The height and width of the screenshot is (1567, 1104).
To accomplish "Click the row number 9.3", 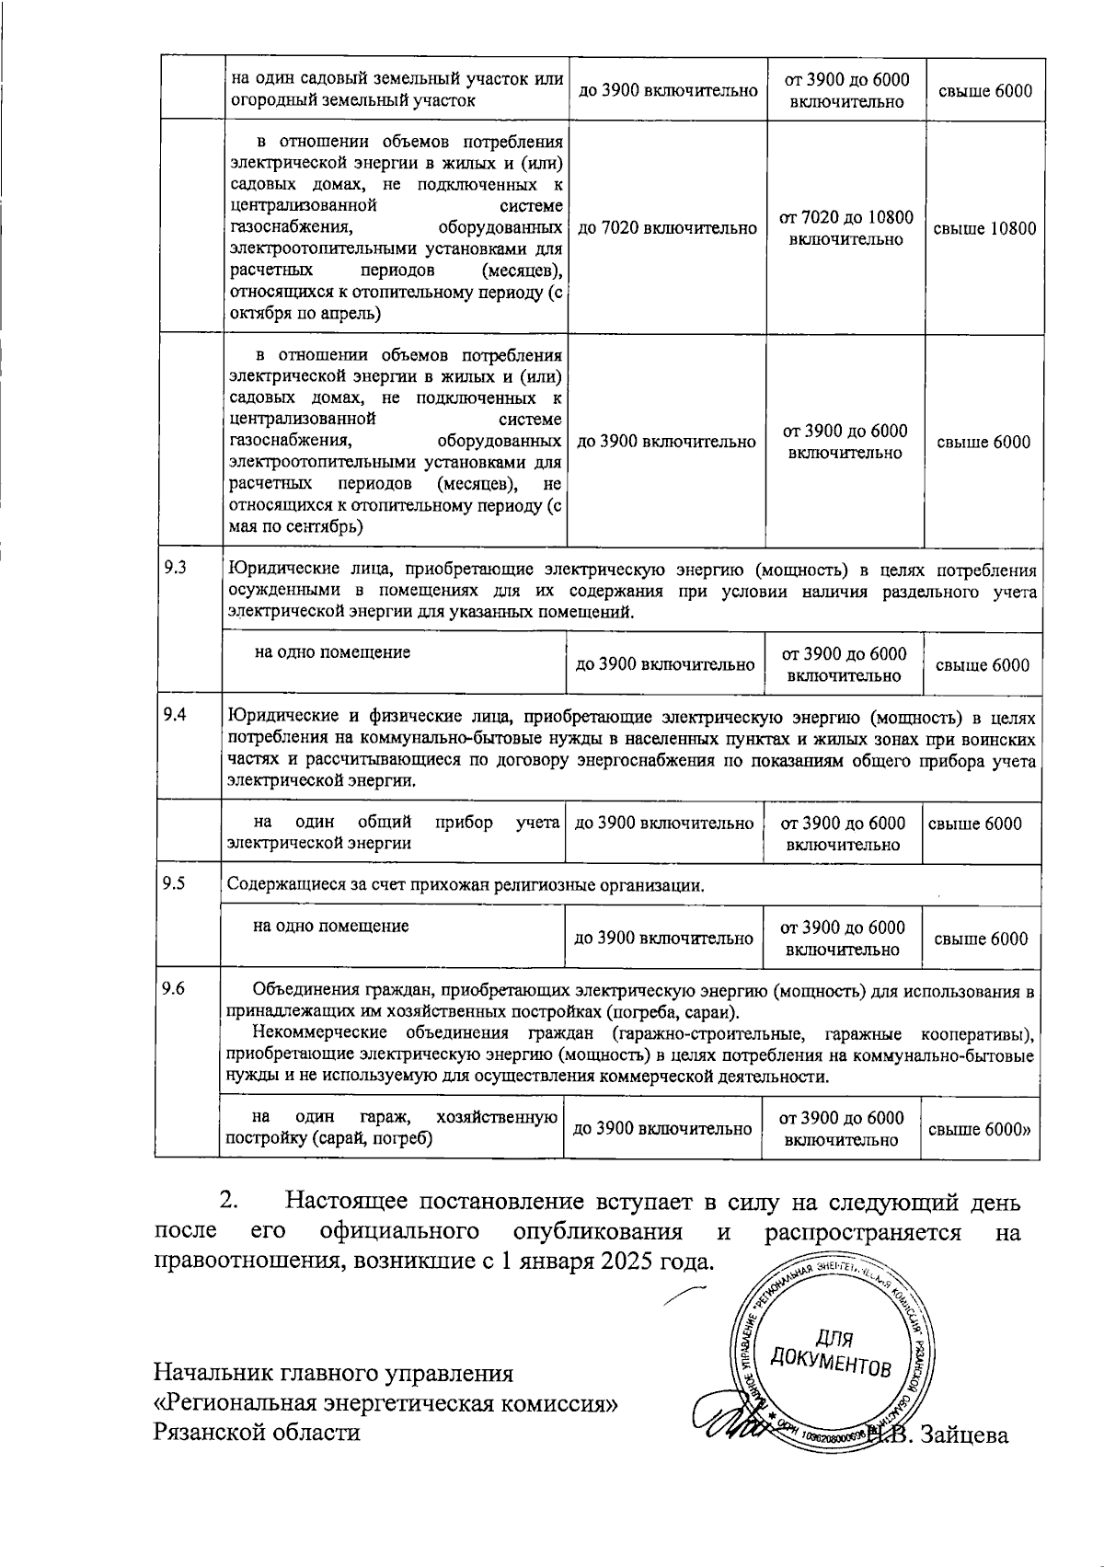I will pos(175,569).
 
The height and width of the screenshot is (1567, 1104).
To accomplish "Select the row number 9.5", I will pos(174,884).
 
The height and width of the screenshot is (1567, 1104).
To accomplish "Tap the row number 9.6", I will pos(174,989).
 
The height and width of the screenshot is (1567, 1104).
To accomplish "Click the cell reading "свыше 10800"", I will pos(984,229).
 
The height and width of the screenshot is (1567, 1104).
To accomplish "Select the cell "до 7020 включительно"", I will pos(667,229).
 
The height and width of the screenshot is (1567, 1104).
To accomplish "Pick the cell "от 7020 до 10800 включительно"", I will pos(845,228).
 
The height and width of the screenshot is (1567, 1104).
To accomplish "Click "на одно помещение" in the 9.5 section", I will pos(331,927).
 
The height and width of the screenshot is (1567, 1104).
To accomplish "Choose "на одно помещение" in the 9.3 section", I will pos(332,652).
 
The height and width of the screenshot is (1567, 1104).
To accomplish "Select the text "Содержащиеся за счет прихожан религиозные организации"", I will pos(466,886).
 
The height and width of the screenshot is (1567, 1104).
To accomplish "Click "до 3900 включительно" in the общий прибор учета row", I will pos(664,824).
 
